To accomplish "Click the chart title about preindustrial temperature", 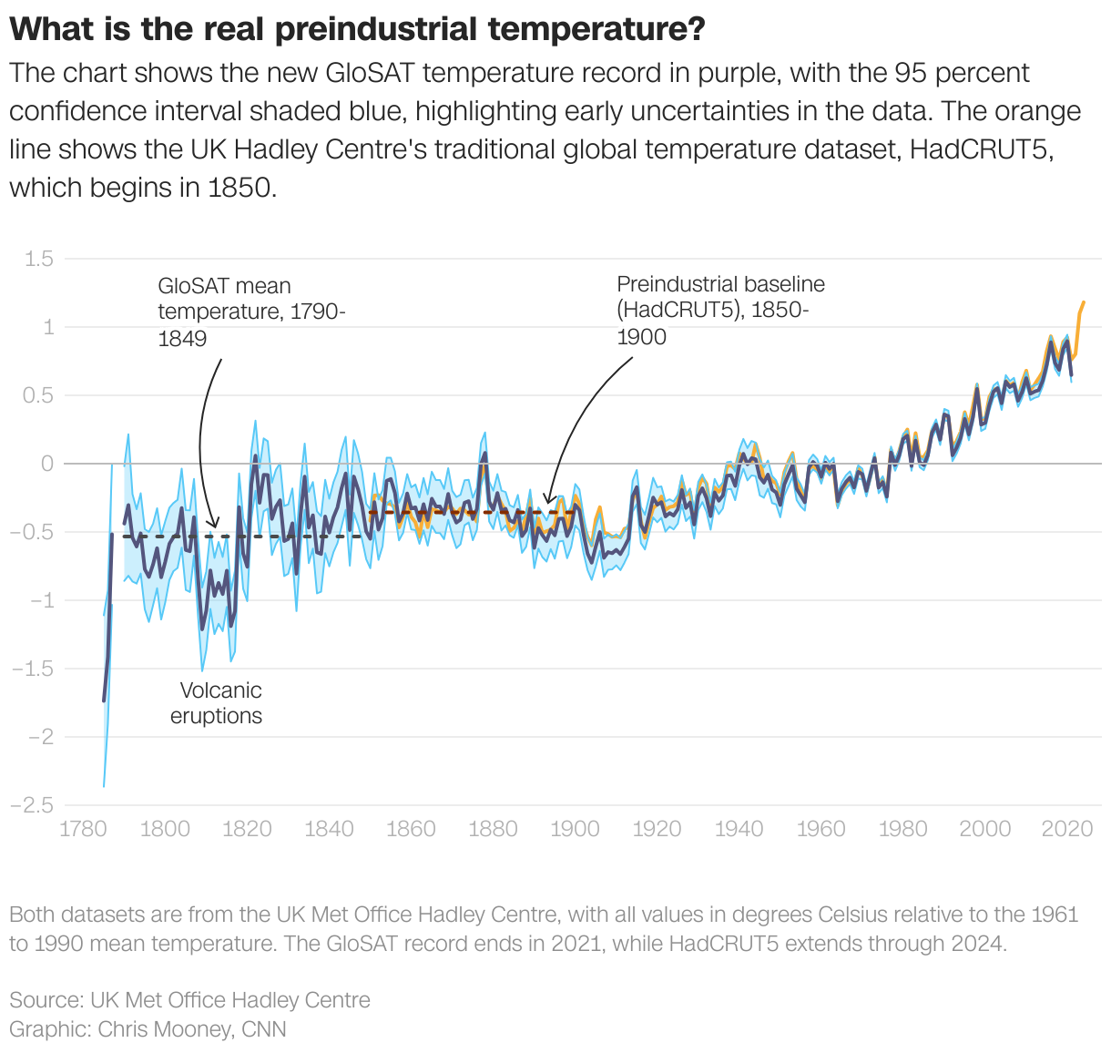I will coord(357,29).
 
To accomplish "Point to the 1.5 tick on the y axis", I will coord(38,259).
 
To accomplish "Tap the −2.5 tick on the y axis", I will coord(32,805).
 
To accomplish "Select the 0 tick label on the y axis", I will coord(47,464).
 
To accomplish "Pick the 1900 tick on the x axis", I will coord(575,829).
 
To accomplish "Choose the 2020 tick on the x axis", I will coord(1066,829).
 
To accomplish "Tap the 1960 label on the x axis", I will coord(821,829).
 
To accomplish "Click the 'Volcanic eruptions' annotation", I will coord(217,703).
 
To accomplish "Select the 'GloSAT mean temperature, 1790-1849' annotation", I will coord(250,312).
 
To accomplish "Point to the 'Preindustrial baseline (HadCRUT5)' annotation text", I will coord(719,311).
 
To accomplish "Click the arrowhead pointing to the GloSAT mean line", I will coord(214,525).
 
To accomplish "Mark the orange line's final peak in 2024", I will coord(1084,302).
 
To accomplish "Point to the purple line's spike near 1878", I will coord(484,454).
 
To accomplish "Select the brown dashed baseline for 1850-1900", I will coord(455,512).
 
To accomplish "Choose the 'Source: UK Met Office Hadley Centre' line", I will coord(189,1000).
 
